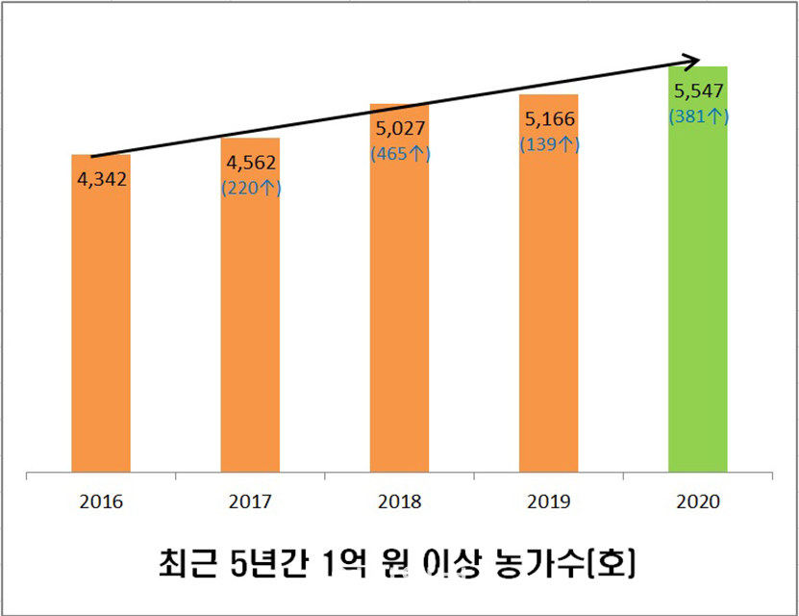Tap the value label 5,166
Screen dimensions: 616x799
point(549,120)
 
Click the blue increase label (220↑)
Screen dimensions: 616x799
point(250,189)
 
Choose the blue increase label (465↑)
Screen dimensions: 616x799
point(400,153)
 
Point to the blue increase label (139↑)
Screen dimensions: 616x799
point(549,144)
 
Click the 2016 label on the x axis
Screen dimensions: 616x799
point(101,501)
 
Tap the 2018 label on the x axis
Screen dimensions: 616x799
point(399,501)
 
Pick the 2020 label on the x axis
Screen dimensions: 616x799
point(698,501)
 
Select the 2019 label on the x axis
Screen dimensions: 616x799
point(548,501)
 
